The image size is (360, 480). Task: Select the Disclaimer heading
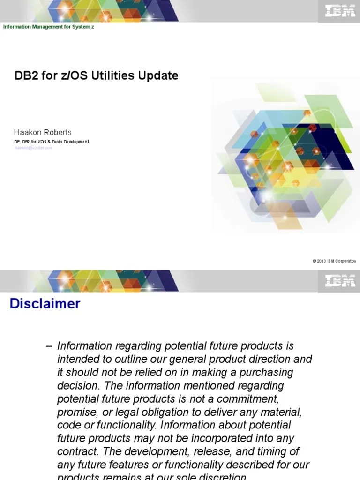pos(45,304)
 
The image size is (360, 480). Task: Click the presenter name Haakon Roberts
pos(43,132)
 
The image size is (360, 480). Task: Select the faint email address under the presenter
pos(33,148)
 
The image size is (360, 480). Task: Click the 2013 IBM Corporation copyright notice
pos(334,261)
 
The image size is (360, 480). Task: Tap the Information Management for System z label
pos(49,27)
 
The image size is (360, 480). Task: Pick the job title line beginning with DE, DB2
pos(52,141)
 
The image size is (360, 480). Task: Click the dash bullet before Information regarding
pos(49,346)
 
